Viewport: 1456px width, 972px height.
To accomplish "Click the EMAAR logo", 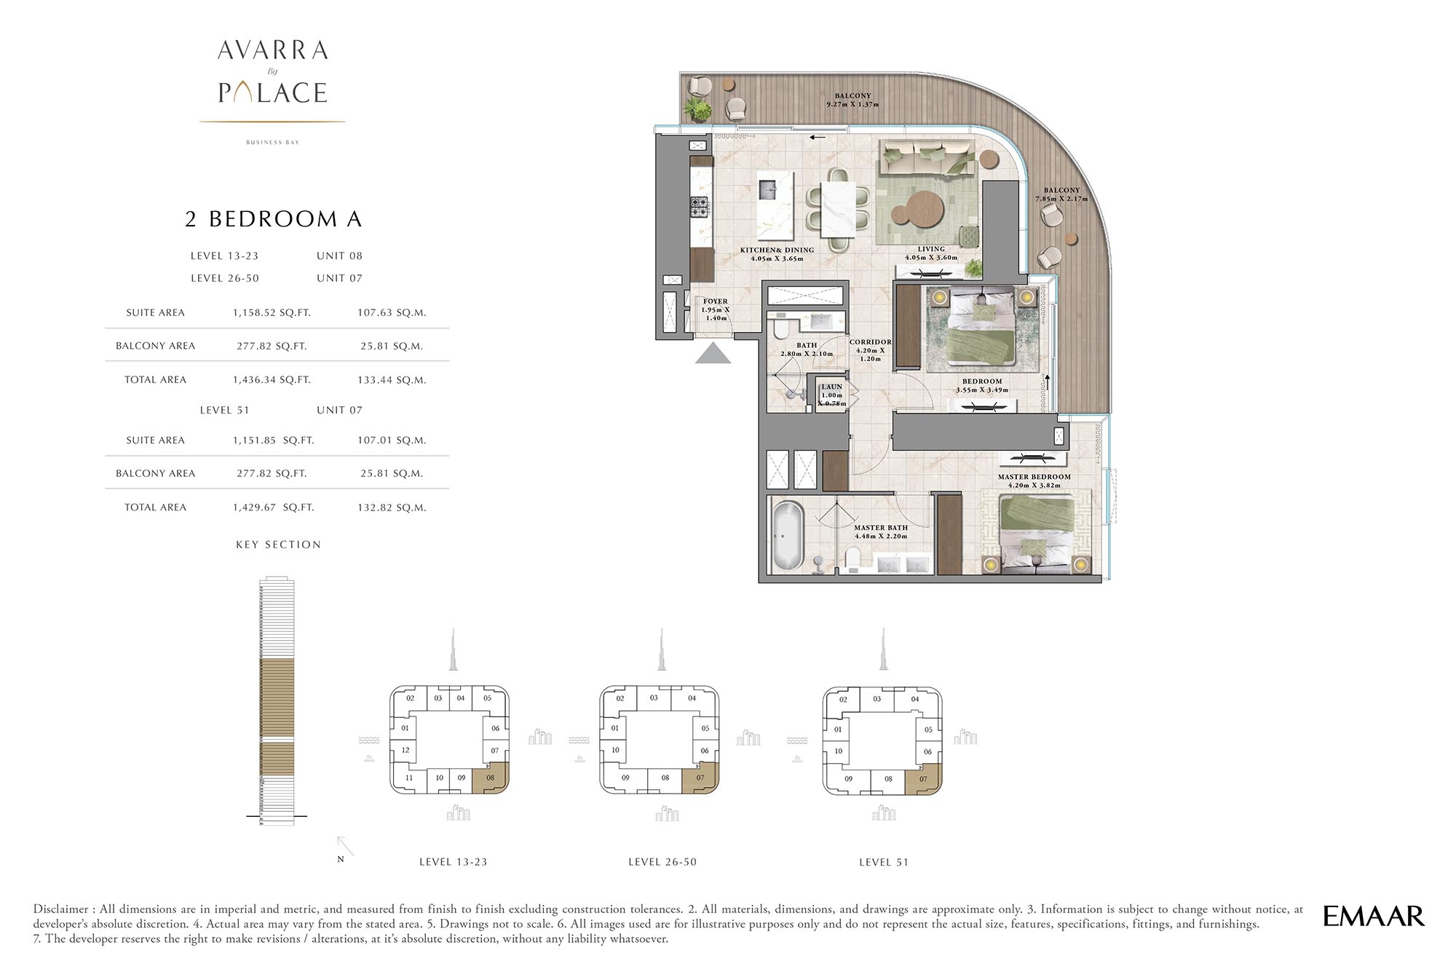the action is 1373,916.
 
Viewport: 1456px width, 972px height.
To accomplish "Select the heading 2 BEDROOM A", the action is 274,219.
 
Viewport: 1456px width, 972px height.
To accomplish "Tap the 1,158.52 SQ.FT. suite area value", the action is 272,312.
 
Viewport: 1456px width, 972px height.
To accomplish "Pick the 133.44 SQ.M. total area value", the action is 392,379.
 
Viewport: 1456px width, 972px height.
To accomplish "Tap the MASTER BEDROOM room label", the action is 1034,477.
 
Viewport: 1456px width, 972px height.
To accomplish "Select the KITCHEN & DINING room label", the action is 777,250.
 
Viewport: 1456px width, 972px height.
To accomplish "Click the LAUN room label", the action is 831,387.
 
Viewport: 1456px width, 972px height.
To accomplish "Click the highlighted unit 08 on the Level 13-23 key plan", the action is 490,778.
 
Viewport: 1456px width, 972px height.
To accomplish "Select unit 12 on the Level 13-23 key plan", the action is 405,750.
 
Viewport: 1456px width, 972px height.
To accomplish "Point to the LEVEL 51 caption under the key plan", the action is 884,862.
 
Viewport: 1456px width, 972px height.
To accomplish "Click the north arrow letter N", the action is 340,859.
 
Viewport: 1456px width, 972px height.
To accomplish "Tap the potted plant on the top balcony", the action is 697,110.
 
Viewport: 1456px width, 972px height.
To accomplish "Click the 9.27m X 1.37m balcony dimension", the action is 852,105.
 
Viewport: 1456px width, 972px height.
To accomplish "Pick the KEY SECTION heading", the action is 278,545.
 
